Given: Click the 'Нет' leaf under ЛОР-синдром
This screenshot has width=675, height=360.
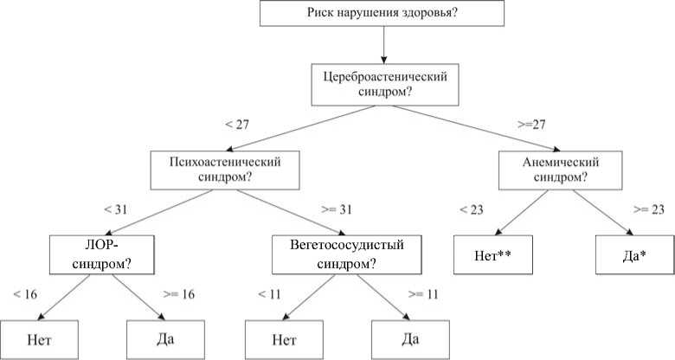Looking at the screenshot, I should [x=40, y=337].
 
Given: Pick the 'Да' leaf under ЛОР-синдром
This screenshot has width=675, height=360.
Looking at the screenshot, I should [x=165, y=337].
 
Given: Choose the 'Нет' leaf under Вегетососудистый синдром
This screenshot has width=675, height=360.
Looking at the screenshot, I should [x=284, y=337].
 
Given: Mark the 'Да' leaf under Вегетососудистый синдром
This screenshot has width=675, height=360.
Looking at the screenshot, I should [x=410, y=337].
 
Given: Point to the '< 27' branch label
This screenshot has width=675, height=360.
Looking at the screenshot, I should [x=236, y=125].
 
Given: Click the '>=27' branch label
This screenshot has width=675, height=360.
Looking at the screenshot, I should [x=530, y=125].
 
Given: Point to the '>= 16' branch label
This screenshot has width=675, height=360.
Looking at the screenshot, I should [x=179, y=294].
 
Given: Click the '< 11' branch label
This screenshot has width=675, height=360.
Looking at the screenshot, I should [x=270, y=294].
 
